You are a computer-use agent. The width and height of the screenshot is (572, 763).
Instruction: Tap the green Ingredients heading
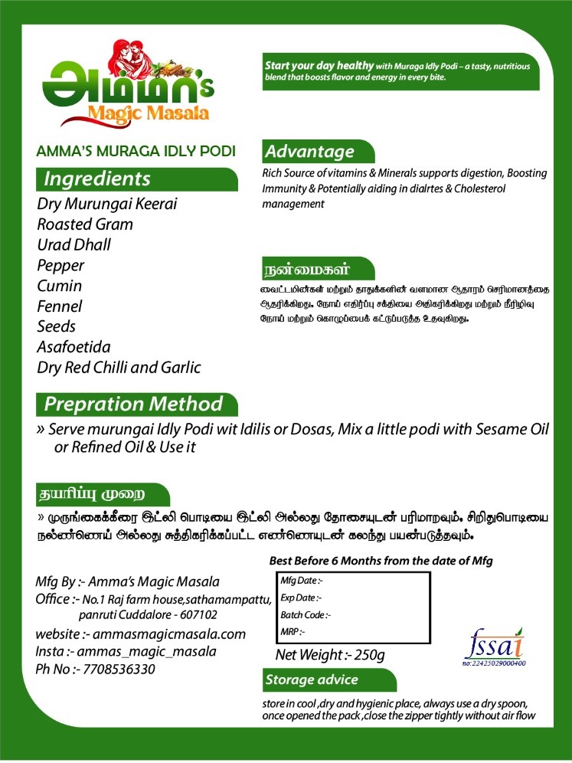tap(97, 179)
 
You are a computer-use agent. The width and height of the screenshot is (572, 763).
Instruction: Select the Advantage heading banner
tap(309, 152)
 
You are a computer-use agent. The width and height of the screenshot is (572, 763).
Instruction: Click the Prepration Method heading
tap(133, 404)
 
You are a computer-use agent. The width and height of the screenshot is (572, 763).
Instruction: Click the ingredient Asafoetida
tap(74, 347)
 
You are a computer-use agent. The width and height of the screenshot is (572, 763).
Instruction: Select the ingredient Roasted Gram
tap(85, 224)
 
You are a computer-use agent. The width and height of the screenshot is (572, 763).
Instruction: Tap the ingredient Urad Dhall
tap(74, 245)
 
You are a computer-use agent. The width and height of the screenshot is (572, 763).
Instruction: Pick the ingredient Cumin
tap(60, 286)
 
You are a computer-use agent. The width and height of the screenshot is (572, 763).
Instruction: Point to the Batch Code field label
tap(306, 614)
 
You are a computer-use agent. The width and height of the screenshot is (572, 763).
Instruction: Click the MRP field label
tap(293, 632)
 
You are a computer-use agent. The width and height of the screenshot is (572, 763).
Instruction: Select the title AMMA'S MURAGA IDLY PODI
tap(136, 150)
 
